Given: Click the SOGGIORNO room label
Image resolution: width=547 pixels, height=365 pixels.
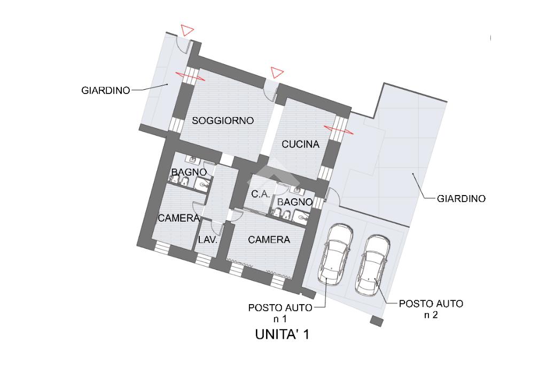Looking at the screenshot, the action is [223, 120].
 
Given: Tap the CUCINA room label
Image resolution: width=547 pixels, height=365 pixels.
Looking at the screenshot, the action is [300, 144].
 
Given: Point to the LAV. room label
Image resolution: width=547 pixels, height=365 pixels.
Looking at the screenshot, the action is [208, 240].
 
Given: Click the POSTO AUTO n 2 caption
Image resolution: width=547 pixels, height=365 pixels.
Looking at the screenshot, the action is [431, 309].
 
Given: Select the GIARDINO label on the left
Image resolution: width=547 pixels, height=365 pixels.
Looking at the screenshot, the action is [106, 90].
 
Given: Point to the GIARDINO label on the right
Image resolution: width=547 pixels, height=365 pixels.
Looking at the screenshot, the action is [461, 198].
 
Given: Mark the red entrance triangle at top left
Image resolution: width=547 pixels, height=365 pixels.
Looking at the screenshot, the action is [186, 30].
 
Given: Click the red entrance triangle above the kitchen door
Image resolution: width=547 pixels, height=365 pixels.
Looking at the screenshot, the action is [276, 72].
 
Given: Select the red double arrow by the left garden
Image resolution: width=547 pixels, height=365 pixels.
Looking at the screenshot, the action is [190, 76].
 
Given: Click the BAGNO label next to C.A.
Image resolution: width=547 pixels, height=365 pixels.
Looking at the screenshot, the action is [294, 202].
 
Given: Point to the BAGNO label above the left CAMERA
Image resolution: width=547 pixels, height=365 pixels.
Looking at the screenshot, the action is [189, 172].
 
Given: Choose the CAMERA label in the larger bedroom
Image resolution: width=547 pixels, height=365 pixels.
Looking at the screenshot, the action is [269, 240].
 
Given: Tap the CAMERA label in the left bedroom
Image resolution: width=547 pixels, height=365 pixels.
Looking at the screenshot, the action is [178, 218].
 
